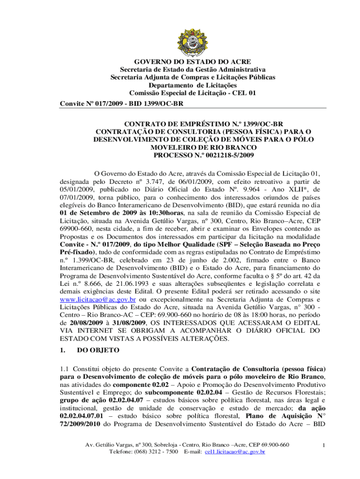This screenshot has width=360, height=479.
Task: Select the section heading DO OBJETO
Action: (99, 349)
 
